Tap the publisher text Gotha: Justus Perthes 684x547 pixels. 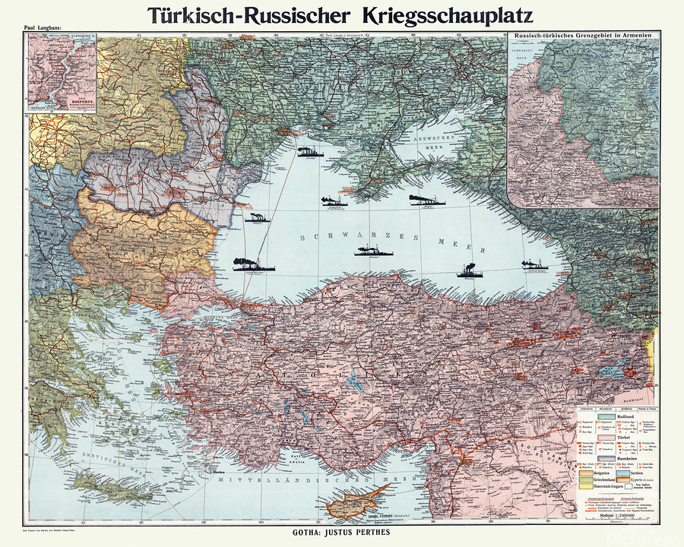343,533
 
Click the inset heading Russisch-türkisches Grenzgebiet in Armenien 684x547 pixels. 583,36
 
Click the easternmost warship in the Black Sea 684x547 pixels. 534,265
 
